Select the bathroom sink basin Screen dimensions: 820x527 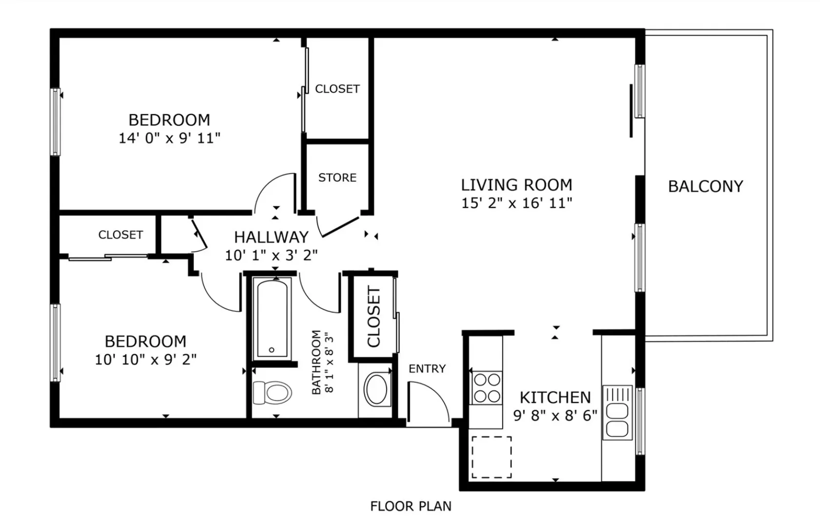376,390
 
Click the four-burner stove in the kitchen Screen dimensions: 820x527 487,387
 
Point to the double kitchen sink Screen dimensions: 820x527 617,412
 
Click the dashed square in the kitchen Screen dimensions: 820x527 492,457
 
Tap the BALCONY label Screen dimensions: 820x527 705,186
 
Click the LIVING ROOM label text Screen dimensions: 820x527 516,185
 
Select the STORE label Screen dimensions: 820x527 337,178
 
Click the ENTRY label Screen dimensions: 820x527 427,368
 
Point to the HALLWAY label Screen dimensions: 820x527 271,237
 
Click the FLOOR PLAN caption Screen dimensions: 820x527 411,506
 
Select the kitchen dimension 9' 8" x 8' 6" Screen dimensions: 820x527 555,415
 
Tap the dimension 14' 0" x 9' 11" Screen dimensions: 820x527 169,139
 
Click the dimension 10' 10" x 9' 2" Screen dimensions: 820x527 145,359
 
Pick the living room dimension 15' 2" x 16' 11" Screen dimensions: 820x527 516,203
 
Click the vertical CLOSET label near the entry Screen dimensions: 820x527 374,317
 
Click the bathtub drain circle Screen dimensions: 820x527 271,350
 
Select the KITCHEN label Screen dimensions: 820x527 555,397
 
